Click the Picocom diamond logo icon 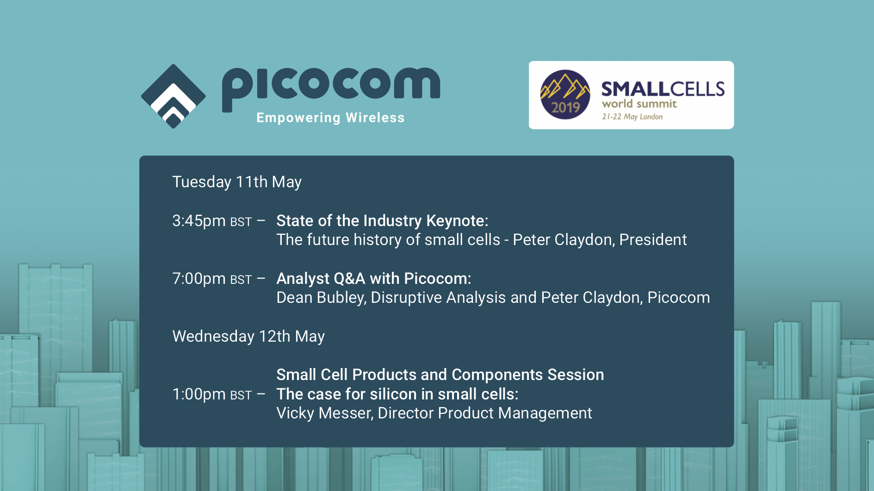click(174, 96)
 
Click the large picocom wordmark click(331, 86)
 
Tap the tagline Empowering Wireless click(330, 118)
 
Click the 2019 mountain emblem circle click(565, 95)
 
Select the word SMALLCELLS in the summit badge click(663, 89)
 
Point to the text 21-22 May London click(632, 117)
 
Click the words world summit click(639, 104)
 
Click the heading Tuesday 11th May click(237, 182)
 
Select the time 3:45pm click(199, 221)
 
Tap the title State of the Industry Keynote click(382, 221)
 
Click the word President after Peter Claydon click(653, 240)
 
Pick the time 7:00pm click(199, 279)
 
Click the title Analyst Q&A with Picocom click(373, 279)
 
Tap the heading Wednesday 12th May click(248, 337)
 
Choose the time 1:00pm click(199, 394)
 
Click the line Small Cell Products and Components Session click(440, 375)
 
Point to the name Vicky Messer click(324, 413)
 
